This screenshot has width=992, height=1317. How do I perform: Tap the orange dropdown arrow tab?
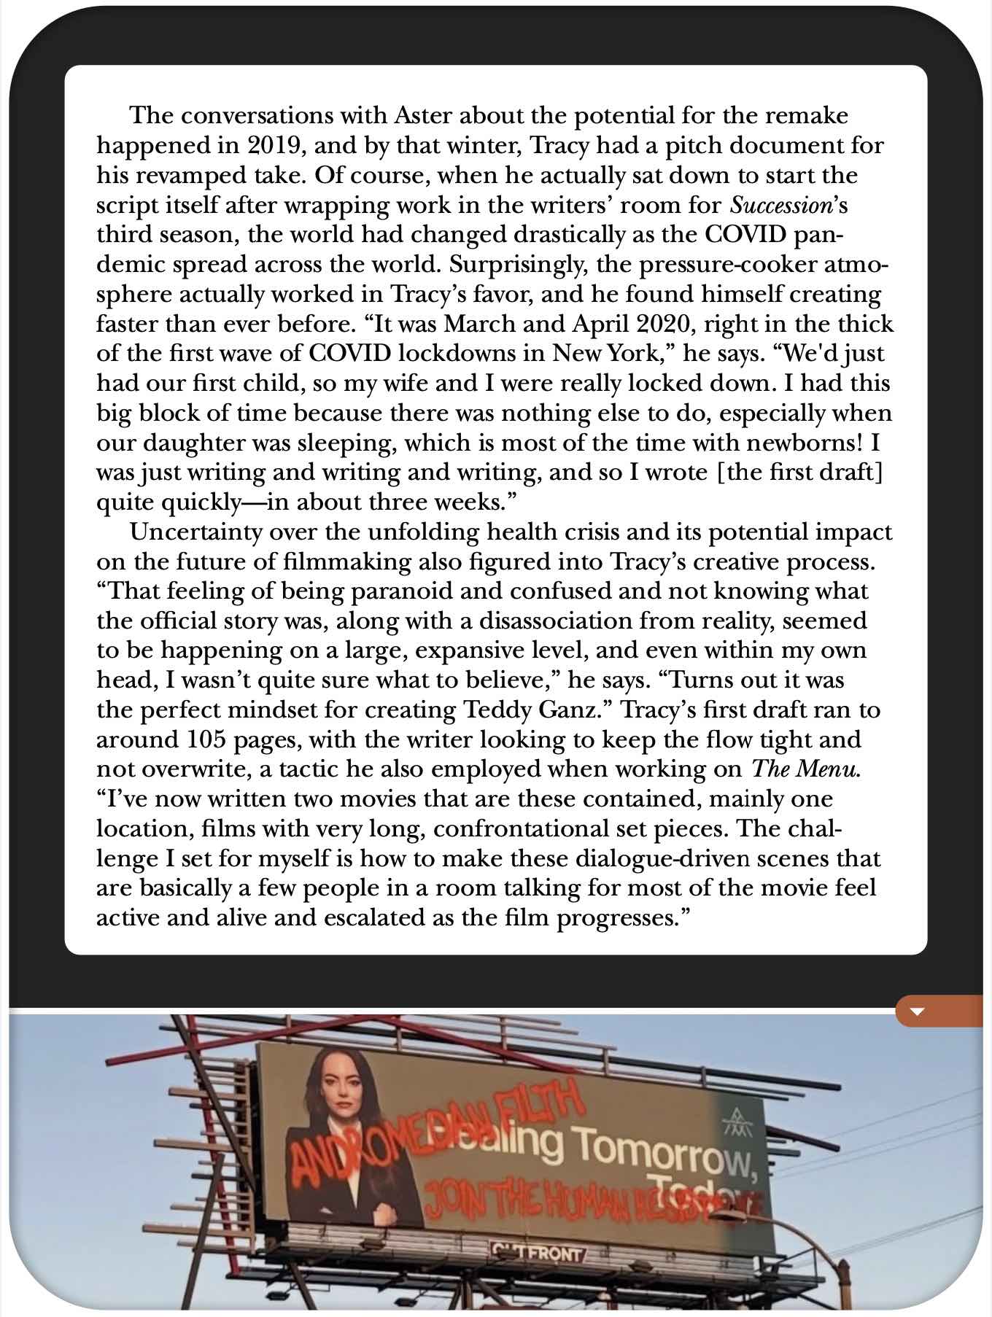point(918,1011)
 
